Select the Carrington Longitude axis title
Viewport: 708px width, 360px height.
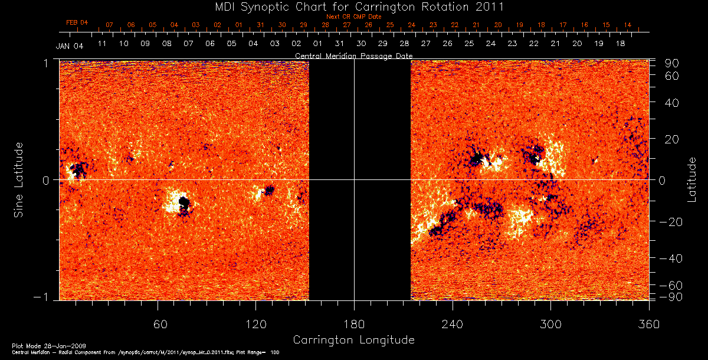[x=353, y=340]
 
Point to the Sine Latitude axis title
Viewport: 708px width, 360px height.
[x=19, y=179]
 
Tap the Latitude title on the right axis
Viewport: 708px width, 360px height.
[x=691, y=179]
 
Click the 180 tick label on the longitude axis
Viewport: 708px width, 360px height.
[x=354, y=323]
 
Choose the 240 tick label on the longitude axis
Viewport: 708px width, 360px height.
[x=452, y=323]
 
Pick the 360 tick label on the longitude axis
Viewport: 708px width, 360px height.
[x=649, y=323]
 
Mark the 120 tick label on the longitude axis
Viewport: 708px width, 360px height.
[x=256, y=323]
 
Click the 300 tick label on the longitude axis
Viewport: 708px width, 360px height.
[x=550, y=323]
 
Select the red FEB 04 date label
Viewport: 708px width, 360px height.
[x=77, y=22]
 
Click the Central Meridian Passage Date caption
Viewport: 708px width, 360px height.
[x=354, y=56]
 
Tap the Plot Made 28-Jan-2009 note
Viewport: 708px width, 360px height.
[x=37, y=345]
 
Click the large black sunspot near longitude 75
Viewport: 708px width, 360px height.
[x=184, y=204]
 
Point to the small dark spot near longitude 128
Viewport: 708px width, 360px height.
[x=269, y=190]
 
